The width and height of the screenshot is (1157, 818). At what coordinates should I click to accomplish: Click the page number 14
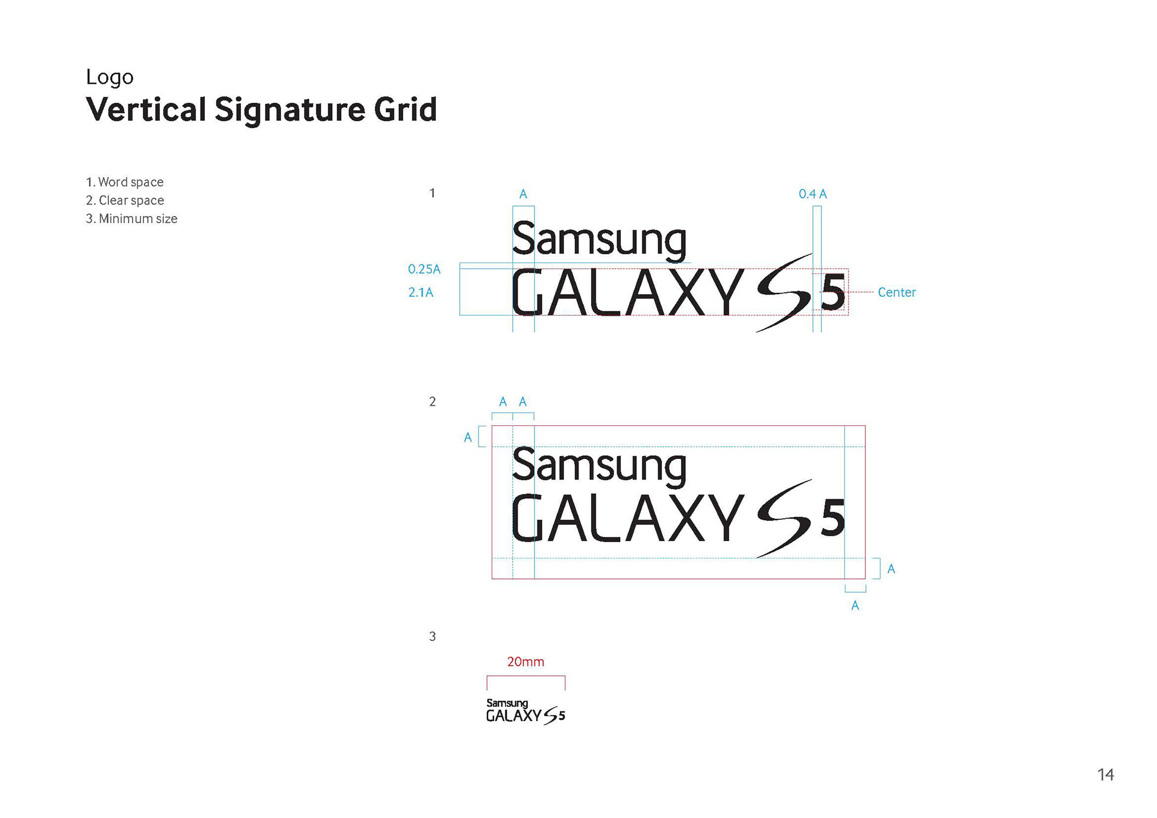pyautogui.click(x=1105, y=775)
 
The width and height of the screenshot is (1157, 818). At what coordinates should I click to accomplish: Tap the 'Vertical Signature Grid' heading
pyautogui.click(x=261, y=110)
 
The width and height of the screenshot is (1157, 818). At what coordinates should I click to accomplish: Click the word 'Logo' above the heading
pyautogui.click(x=110, y=77)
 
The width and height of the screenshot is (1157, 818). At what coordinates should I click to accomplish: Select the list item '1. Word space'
pyautogui.click(x=125, y=182)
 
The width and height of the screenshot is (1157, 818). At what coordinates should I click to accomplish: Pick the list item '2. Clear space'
pyautogui.click(x=125, y=200)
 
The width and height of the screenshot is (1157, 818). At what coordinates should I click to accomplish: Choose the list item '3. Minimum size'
pyautogui.click(x=131, y=219)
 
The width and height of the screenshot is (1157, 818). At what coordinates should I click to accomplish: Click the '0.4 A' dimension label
pyautogui.click(x=812, y=194)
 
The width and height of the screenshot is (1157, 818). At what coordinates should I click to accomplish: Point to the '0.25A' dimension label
pyautogui.click(x=424, y=269)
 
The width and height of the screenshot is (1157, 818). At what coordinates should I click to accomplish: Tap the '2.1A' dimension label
pyautogui.click(x=421, y=292)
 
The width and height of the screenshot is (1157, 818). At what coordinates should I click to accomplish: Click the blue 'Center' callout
pyautogui.click(x=896, y=292)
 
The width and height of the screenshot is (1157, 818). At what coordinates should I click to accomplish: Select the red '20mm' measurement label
pyautogui.click(x=525, y=661)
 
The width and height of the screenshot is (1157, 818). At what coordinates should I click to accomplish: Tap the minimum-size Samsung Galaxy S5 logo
pyautogui.click(x=525, y=711)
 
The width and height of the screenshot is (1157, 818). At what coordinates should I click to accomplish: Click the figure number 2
pyautogui.click(x=432, y=402)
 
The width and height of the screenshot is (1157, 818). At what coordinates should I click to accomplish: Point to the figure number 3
pyautogui.click(x=432, y=636)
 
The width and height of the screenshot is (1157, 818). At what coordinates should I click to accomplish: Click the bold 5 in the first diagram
pyautogui.click(x=833, y=293)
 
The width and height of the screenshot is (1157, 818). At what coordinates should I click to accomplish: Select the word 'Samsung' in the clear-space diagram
pyautogui.click(x=599, y=465)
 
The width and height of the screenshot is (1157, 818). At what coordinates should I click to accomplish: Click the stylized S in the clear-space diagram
pyautogui.click(x=784, y=518)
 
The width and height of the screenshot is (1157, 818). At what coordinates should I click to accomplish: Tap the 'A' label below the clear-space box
pyautogui.click(x=854, y=605)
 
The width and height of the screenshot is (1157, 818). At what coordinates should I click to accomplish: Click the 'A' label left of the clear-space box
pyautogui.click(x=468, y=437)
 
